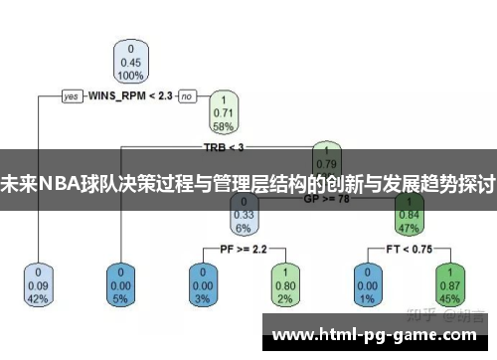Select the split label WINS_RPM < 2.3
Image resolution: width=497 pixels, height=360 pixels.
pos(130,96)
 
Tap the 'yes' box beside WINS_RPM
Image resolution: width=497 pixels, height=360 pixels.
pos(71,96)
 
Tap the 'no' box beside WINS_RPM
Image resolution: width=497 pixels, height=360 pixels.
pos(187,96)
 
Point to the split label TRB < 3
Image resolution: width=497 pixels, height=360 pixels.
pos(223,147)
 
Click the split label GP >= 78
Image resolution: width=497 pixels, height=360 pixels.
pos(327,198)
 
